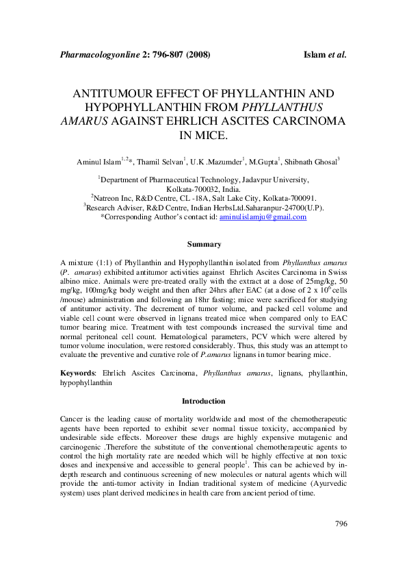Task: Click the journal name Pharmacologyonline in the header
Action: pyautogui.click(x=99, y=53)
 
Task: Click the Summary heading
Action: pyautogui.click(x=204, y=244)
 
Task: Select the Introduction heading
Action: pyautogui.click(x=203, y=401)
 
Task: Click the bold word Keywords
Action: pyautogui.click(x=77, y=372)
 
